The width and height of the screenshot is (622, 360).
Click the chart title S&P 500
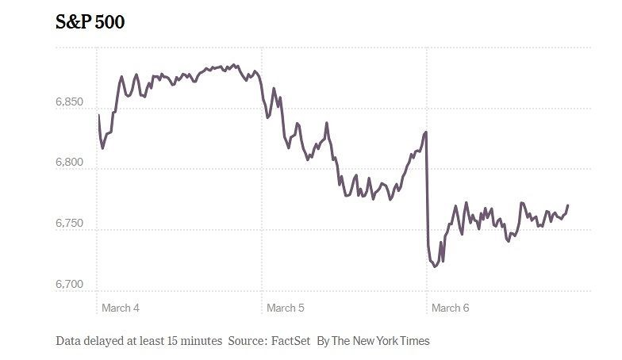90,22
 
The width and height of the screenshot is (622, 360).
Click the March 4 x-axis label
121,307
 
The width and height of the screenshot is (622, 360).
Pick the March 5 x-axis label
286,307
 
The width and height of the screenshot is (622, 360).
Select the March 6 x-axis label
450,307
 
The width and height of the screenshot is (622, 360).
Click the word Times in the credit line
413,341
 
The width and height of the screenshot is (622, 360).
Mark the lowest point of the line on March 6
434,266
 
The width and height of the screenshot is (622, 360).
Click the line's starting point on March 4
99,116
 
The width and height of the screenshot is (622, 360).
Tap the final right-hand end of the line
568,205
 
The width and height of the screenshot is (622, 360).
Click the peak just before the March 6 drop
426,132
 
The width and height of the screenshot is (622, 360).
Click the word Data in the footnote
69,341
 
